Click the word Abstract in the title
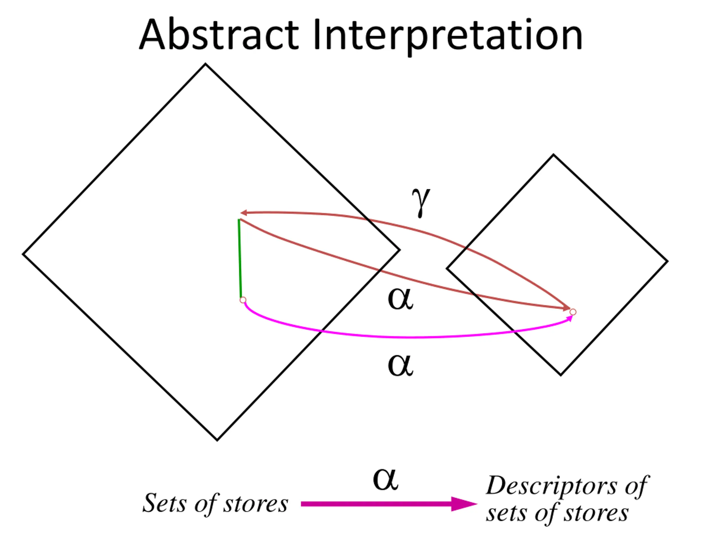(219, 35)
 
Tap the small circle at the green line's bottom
(243, 300)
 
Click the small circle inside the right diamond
(573, 312)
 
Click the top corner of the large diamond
(205, 64)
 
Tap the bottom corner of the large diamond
(217, 440)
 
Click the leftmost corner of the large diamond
(23, 254)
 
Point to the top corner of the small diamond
(553, 155)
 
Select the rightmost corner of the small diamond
(667, 261)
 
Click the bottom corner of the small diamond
(561, 375)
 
